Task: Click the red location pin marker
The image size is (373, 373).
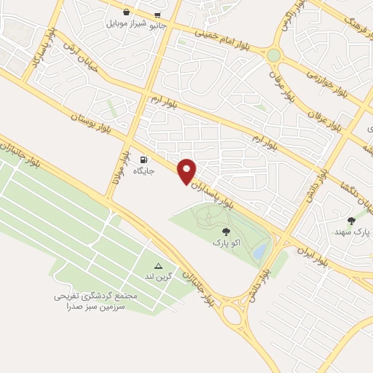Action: pyautogui.click(x=187, y=170)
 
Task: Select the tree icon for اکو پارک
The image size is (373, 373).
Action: pyautogui.click(x=224, y=231)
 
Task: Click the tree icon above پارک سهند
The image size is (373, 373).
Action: pyautogui.click(x=351, y=220)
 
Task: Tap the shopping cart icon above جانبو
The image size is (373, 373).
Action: pyautogui.click(x=157, y=12)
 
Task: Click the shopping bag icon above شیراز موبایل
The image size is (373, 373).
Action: pyautogui.click(x=127, y=12)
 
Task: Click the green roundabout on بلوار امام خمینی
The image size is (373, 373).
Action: pyautogui.click(x=273, y=55)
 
